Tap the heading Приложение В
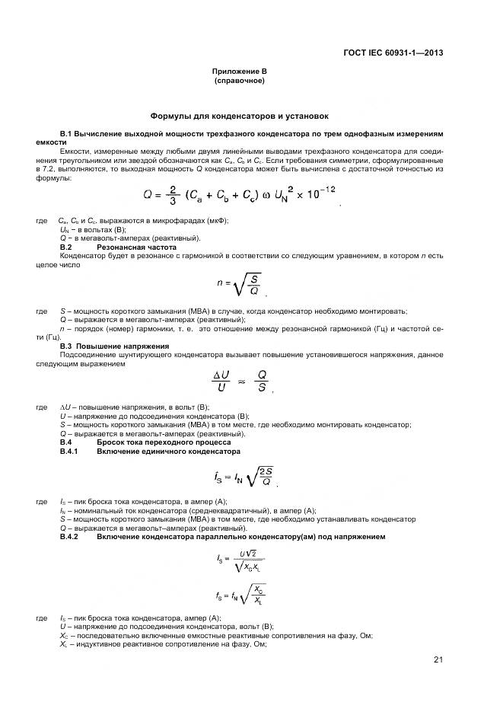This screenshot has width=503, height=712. coord(239,72)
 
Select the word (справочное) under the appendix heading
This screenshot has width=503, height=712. coord(239,80)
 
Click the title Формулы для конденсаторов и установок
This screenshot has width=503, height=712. coord(239,117)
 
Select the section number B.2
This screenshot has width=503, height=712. coord(65,247)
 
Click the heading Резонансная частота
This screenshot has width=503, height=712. coord(137,247)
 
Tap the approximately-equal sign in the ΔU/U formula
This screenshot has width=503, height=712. coord(242,384)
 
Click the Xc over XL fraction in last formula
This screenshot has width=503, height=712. coord(259,595)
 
